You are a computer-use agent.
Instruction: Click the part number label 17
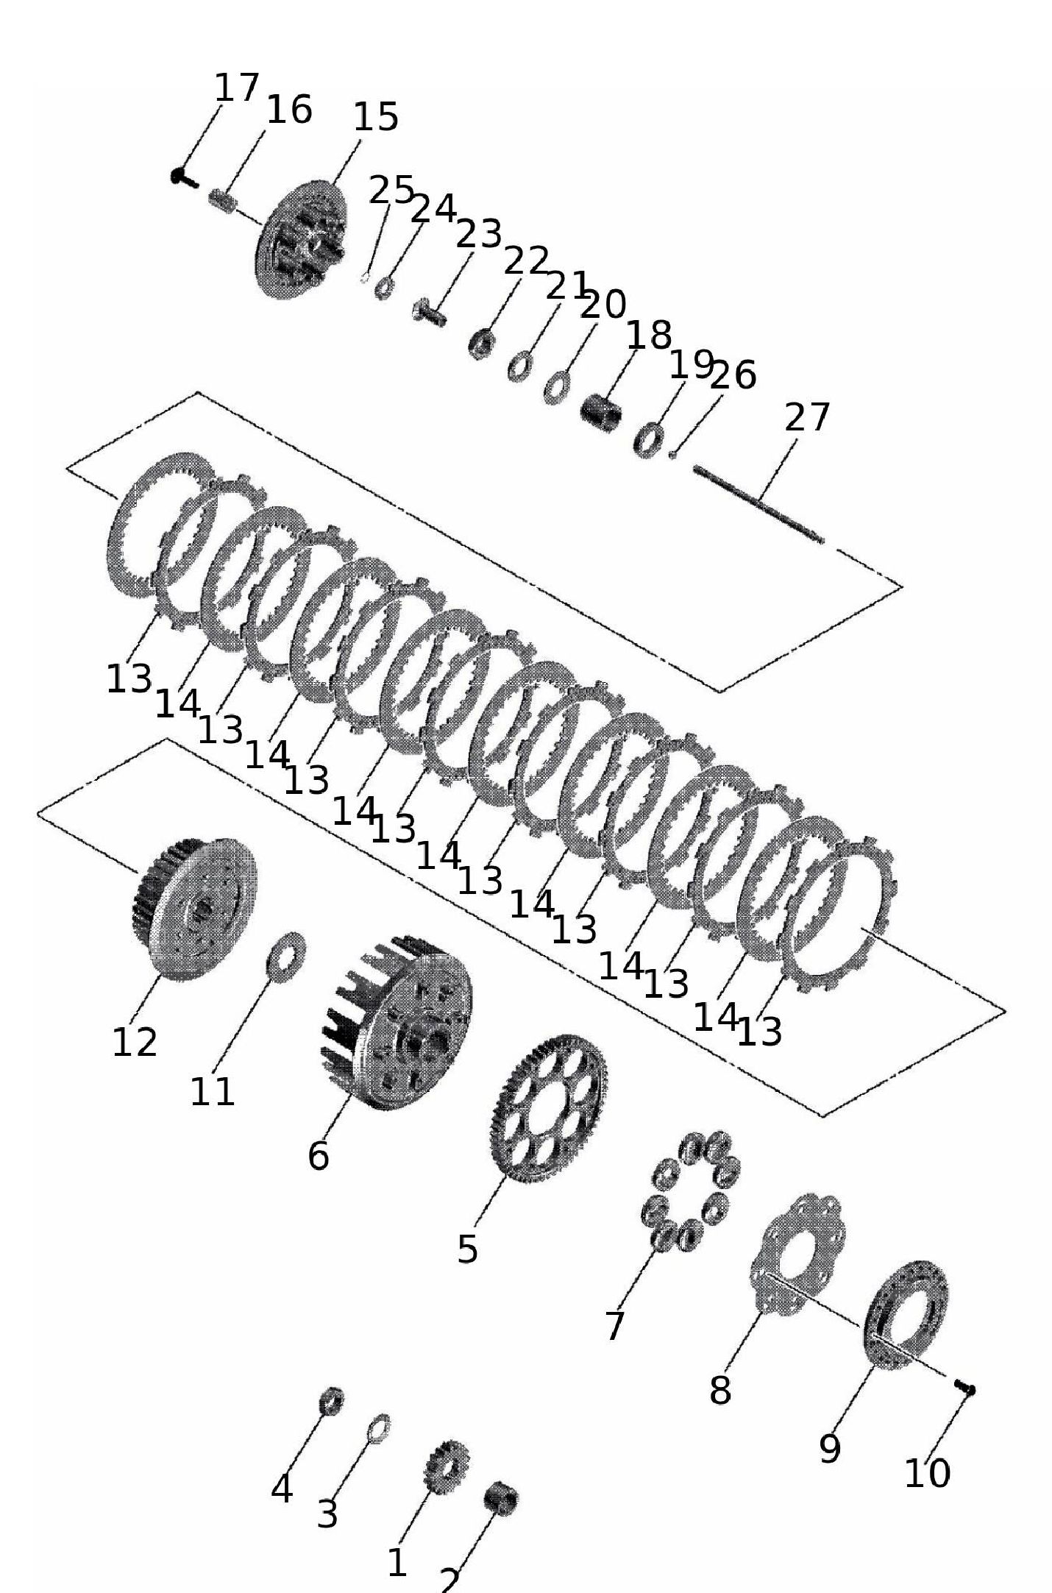237,88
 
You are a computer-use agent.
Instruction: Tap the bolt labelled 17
183,177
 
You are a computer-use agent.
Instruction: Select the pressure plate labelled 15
302,239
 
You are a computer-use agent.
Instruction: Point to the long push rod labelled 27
758,504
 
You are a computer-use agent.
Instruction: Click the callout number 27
807,418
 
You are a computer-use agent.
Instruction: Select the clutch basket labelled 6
398,1022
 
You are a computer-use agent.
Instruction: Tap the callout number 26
733,375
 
